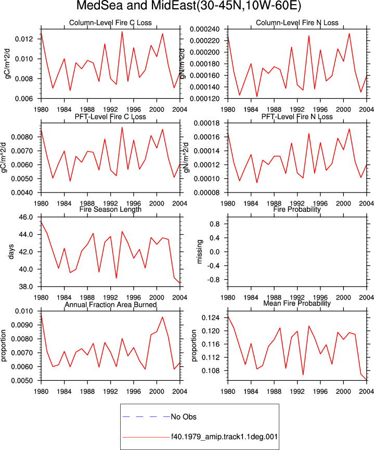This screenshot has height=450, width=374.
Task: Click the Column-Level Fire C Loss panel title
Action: pyautogui.click(x=110, y=23)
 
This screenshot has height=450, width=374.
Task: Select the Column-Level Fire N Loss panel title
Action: pyautogui.click(x=297, y=23)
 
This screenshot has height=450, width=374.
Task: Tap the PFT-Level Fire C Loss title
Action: pyautogui.click(x=110, y=117)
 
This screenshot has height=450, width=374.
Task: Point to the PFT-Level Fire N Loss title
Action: pyautogui.click(x=297, y=117)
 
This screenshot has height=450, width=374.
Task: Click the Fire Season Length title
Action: pyautogui.click(x=110, y=209)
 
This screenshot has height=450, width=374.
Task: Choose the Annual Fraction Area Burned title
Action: pyautogui.click(x=110, y=304)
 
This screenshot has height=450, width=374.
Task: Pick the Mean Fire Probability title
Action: pyautogui.click(x=297, y=303)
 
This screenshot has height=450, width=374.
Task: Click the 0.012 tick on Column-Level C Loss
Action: pyautogui.click(x=24, y=39)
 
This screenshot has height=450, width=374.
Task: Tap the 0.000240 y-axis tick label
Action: pyautogui.click(x=204, y=29)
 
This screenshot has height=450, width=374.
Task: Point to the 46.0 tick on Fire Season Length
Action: pyautogui.click(x=26, y=217)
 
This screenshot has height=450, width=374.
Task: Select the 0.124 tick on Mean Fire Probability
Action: pyautogui.click(x=211, y=318)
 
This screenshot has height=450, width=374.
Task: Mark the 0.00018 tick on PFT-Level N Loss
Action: pyautogui.click(x=207, y=123)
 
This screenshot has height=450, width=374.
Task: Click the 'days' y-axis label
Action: pyautogui.click(x=11, y=252)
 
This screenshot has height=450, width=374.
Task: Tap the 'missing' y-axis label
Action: pyautogui.click(x=200, y=252)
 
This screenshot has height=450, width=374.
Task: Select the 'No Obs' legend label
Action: pyautogui.click(x=184, y=417)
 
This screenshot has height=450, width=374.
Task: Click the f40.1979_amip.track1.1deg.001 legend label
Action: pyautogui.click(x=225, y=437)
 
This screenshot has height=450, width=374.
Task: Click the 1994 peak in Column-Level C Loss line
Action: pyautogui.click(x=122, y=32)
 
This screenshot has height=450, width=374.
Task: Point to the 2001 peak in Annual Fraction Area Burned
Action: pyautogui.click(x=162, y=317)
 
